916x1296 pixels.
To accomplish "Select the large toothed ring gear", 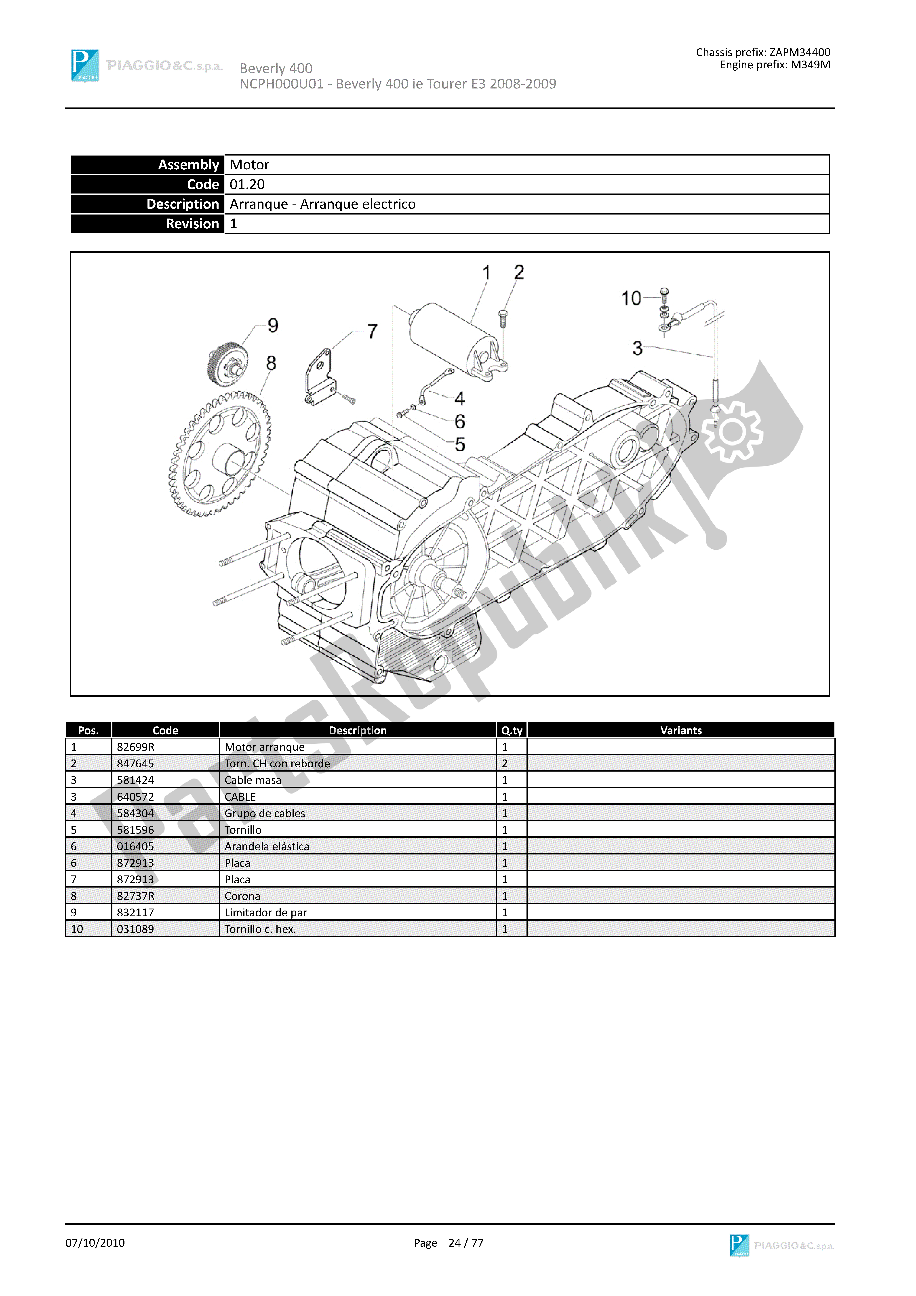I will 220,454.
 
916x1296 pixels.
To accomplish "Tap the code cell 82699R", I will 135,747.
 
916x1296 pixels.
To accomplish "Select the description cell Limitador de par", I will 265,912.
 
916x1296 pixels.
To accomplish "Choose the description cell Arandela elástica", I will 266,846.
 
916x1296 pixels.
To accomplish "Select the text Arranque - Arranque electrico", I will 322,204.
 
